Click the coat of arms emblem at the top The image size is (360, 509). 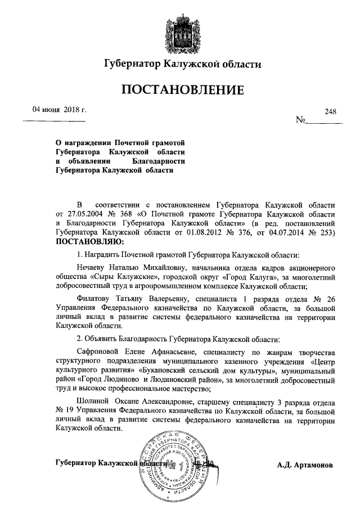pyautogui.click(x=181, y=30)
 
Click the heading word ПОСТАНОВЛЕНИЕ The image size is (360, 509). pyautogui.click(x=181, y=90)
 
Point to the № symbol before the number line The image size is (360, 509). pyautogui.click(x=301, y=120)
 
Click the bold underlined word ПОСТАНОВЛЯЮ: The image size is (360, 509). pyautogui.click(x=88, y=242)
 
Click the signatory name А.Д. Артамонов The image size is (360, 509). pyautogui.click(x=305, y=466)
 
